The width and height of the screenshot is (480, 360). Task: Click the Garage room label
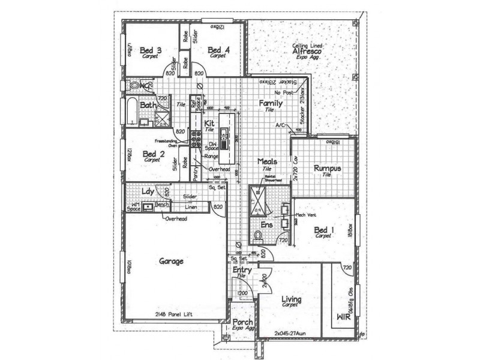coord(171,262)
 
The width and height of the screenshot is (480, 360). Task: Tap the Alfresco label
coord(309,52)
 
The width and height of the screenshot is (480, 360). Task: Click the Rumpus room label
coord(328,169)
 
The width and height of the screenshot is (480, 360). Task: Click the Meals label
coord(268,162)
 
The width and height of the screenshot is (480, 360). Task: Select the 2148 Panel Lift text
coord(176,314)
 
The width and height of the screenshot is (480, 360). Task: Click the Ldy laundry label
coord(148,192)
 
